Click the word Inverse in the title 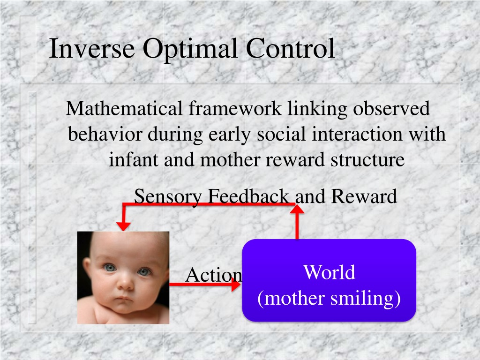(92, 48)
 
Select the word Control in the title (290, 48)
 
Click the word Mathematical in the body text (124, 108)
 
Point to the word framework (235, 108)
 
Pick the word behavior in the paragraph (105, 134)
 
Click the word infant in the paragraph (134, 159)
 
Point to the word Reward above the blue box (364, 196)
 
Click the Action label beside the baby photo (214, 275)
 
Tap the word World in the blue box (329, 272)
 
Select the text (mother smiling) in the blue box (329, 298)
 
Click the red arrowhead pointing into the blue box (236, 285)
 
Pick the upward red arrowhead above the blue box (297, 210)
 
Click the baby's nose (126, 283)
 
